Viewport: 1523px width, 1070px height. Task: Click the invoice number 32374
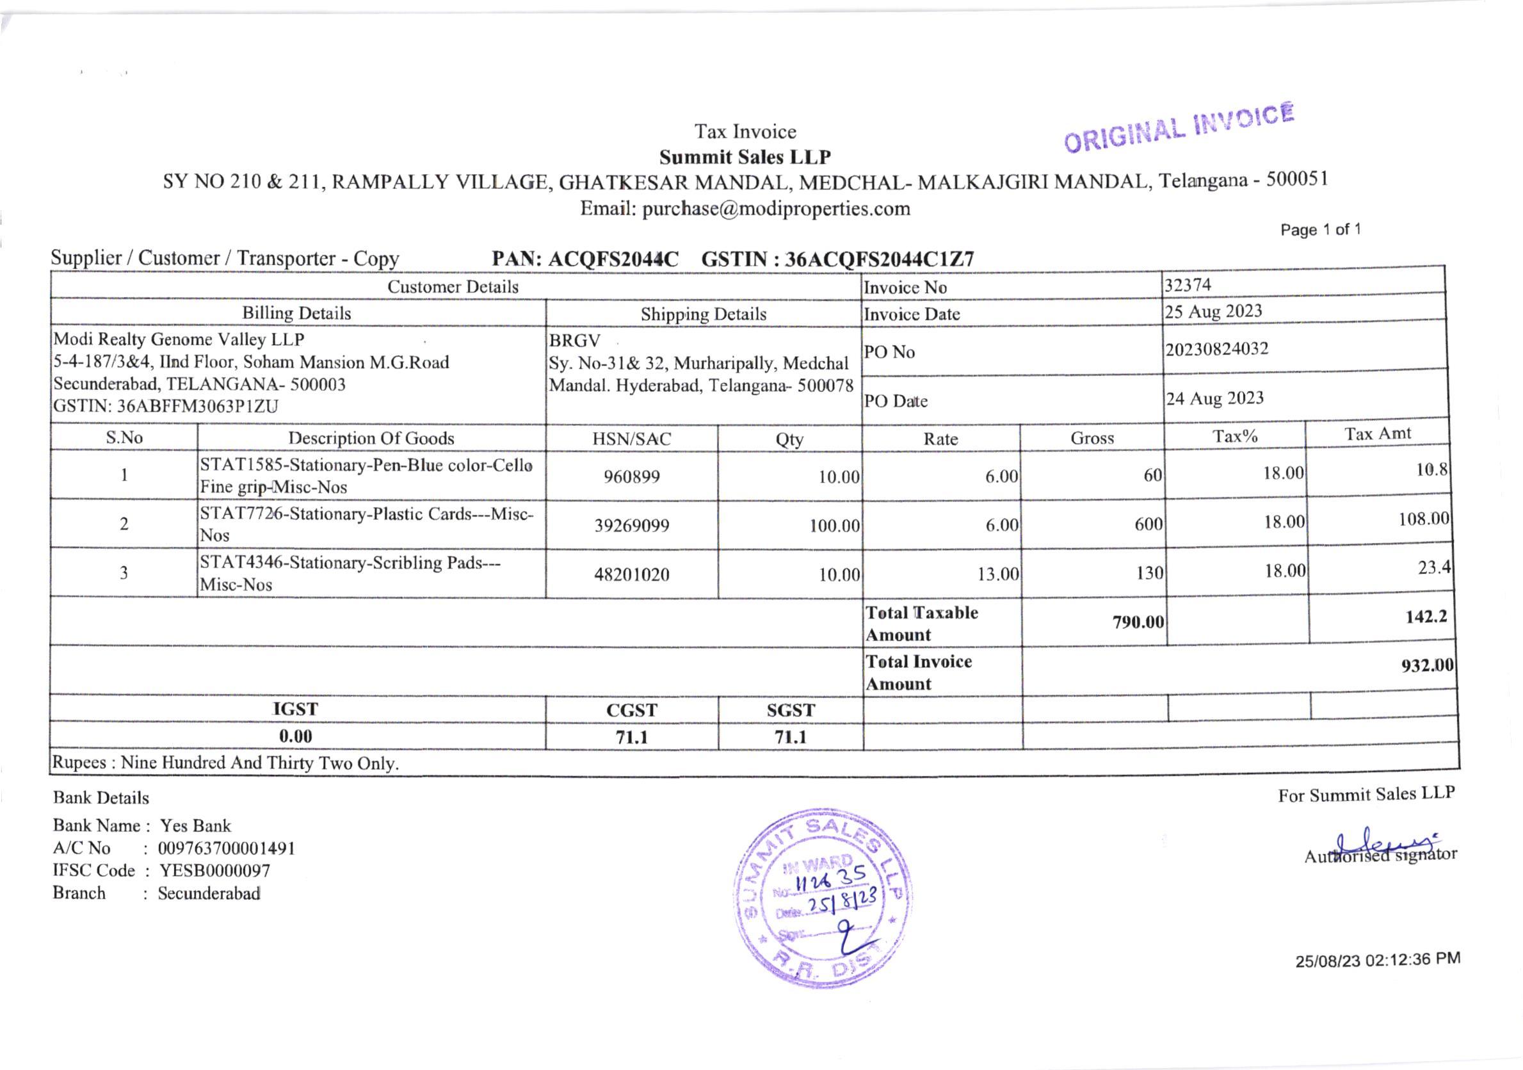click(1188, 285)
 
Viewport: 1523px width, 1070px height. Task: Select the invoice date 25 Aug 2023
click(1213, 311)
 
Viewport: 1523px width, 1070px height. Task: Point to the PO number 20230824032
click(1216, 349)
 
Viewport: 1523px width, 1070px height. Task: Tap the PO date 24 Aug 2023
click(1214, 398)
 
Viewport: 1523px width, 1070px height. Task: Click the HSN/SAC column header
click(631, 439)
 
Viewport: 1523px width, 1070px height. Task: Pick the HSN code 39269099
click(631, 525)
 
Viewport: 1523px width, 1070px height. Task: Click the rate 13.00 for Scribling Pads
click(997, 574)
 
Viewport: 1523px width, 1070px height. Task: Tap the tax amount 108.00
click(1424, 519)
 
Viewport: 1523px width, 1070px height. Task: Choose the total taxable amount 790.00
click(1138, 622)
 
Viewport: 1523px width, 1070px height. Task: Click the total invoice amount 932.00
click(1427, 665)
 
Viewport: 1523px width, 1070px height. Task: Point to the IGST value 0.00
click(295, 736)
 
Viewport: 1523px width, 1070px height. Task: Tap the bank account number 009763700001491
click(226, 848)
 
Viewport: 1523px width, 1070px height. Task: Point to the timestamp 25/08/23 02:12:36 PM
click(1377, 959)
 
